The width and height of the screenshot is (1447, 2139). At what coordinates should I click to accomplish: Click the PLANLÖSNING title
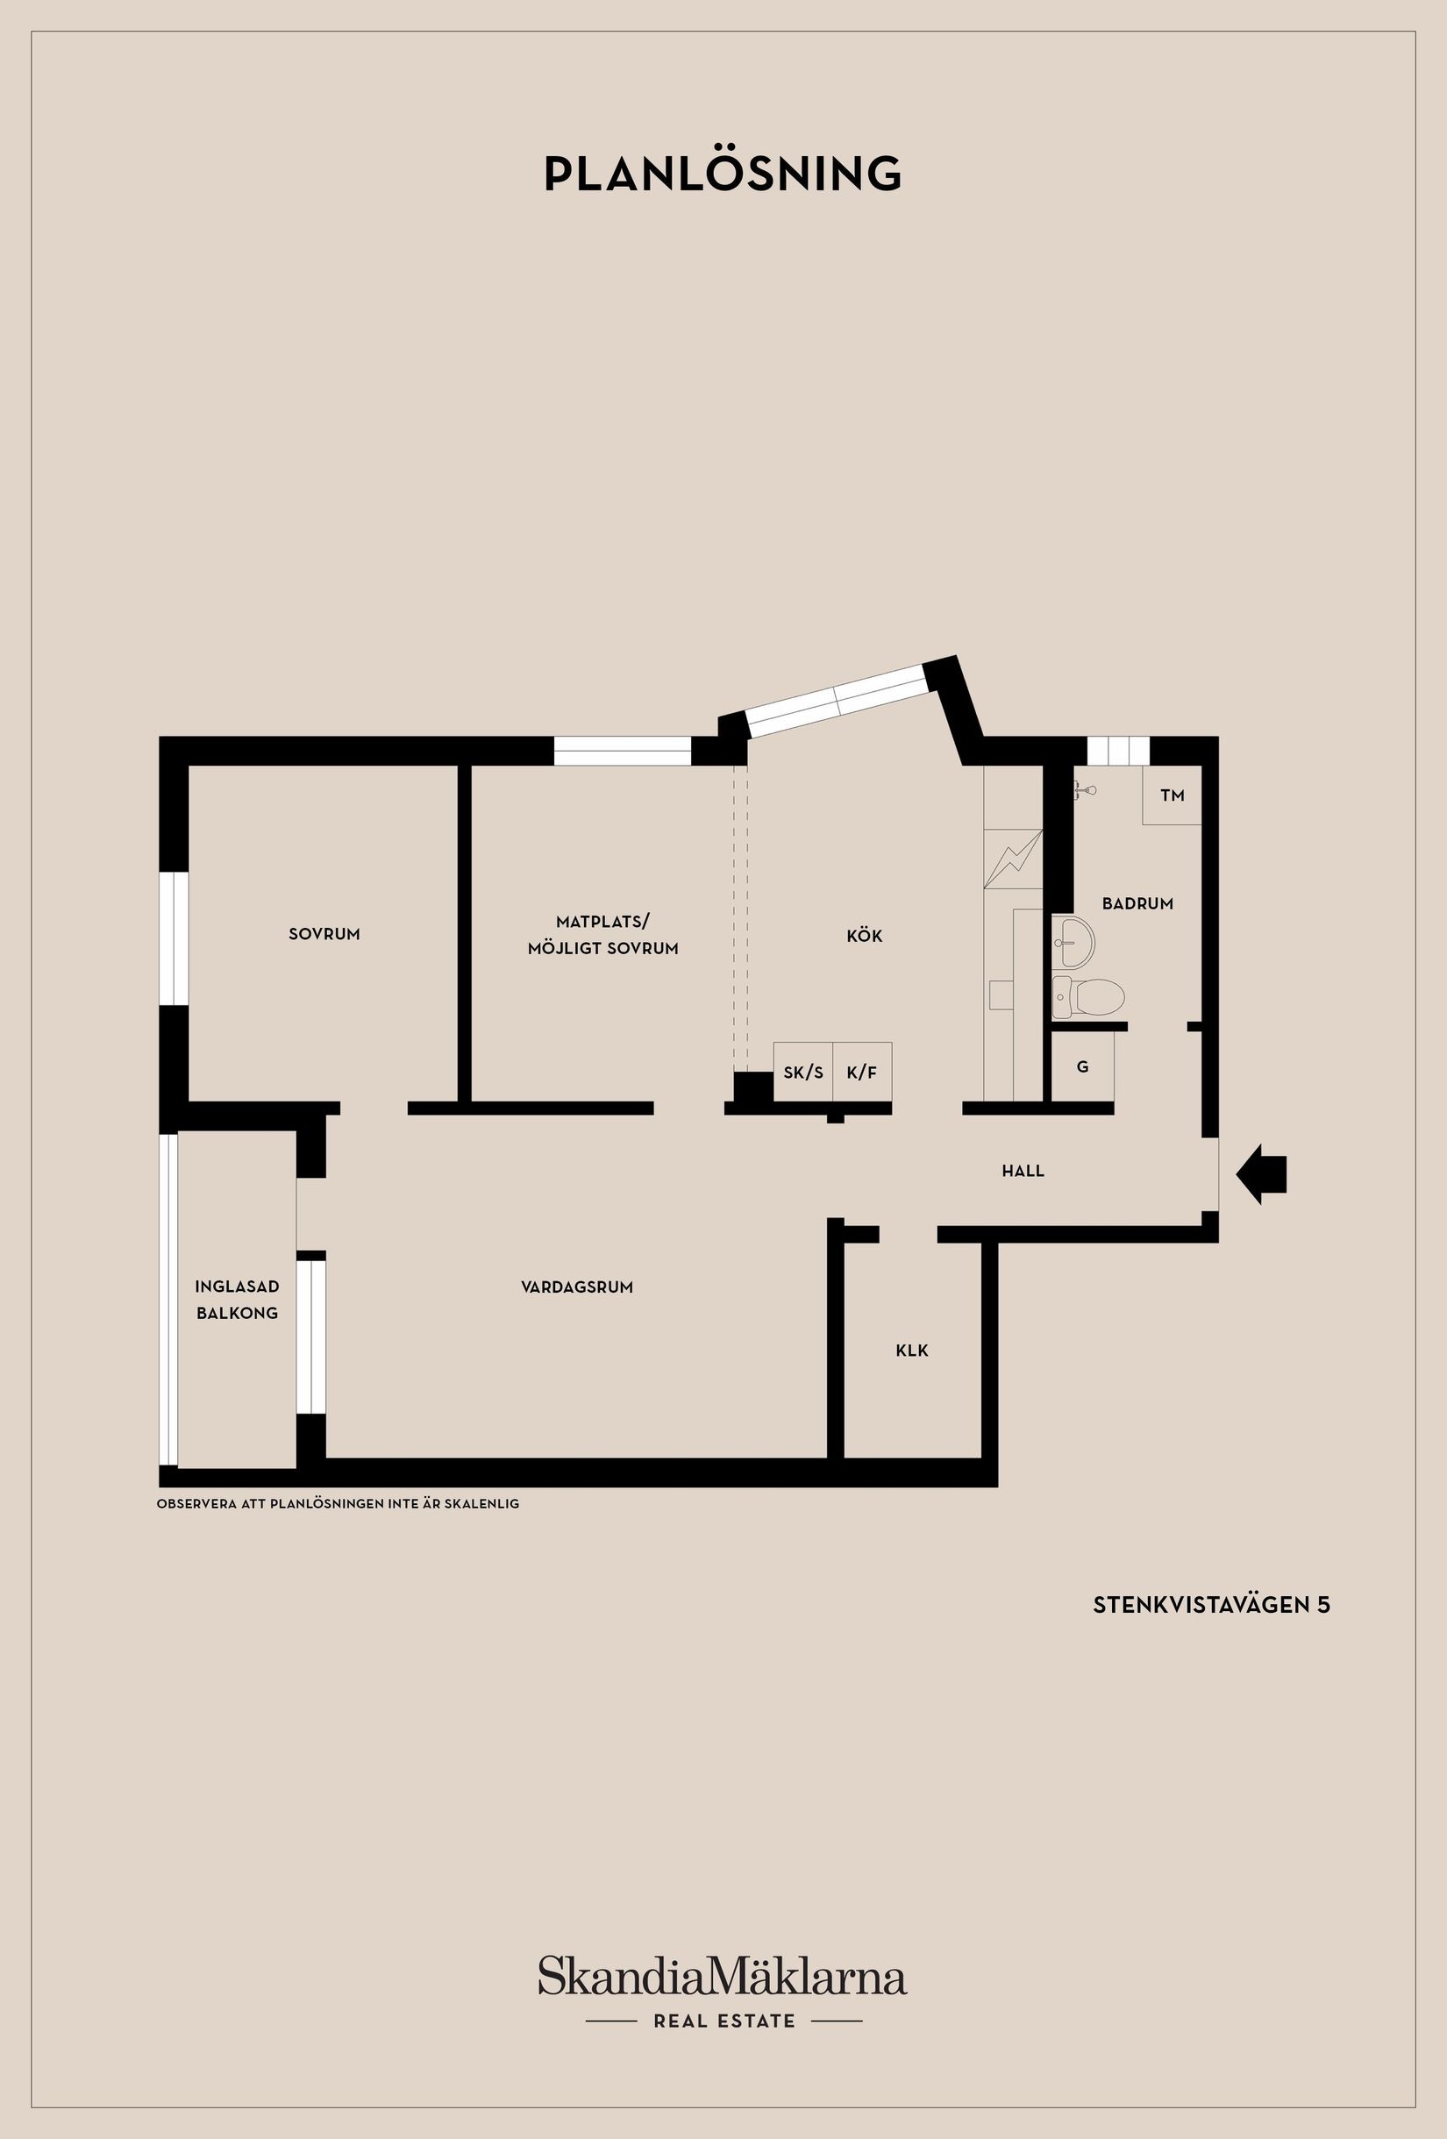723,172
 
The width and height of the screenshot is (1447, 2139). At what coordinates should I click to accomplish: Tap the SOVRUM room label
324,934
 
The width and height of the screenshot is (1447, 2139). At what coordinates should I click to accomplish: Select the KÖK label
865,936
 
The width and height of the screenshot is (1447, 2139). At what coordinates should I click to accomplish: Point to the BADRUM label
1137,904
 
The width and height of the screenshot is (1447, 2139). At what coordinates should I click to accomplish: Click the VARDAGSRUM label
577,1287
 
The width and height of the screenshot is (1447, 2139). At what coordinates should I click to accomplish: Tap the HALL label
1023,1171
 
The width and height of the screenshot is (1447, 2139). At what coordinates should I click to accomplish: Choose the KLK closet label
912,1351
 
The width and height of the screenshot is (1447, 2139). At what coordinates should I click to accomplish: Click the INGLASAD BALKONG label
237,1300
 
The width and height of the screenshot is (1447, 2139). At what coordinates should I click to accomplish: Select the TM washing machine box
1172,795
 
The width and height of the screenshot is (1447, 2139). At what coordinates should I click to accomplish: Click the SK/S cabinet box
802,1072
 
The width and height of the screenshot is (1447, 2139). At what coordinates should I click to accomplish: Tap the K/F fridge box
862,1072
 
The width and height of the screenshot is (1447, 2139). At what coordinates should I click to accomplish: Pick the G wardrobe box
1082,1066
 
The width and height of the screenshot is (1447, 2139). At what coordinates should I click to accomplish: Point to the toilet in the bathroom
1088,998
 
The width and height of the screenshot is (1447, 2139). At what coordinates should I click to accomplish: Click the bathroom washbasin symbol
1073,942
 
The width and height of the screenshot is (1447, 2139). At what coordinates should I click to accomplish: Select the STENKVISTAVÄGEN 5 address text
1211,1605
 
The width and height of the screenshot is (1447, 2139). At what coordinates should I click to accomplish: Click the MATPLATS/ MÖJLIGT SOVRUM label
603,934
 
